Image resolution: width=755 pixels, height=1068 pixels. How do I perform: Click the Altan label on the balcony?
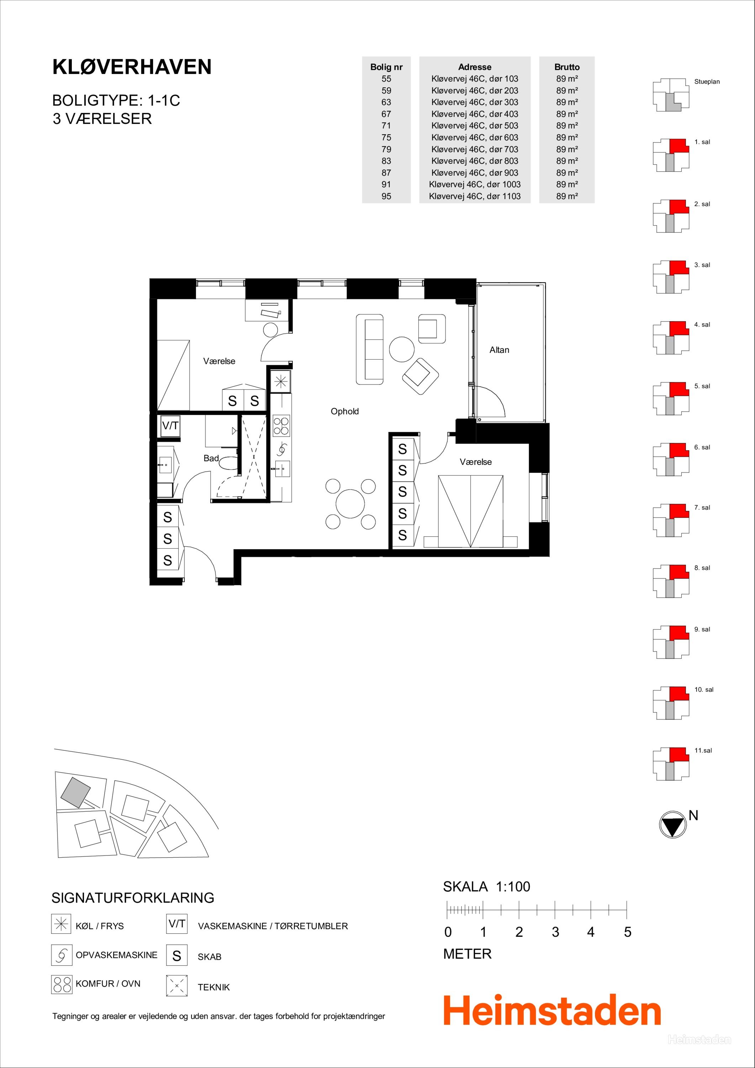499,350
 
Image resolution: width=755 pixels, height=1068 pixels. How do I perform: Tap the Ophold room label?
344,411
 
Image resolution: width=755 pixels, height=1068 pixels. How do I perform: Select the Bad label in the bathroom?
211,458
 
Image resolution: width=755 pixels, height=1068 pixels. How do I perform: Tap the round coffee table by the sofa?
402,349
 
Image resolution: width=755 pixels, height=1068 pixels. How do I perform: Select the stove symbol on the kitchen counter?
281,426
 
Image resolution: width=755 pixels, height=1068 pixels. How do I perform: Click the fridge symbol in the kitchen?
280,382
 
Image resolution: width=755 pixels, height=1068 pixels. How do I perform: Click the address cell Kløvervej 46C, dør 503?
475,126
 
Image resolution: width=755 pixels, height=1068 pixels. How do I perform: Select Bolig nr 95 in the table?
386,196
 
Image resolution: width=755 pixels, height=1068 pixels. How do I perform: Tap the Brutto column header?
567,67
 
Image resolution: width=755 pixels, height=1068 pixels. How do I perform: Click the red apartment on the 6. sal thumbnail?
678,450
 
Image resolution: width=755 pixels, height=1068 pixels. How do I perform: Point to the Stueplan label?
707,82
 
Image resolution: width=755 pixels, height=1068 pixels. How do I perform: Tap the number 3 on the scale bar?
555,932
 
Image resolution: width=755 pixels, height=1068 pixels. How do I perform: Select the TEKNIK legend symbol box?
177,986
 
